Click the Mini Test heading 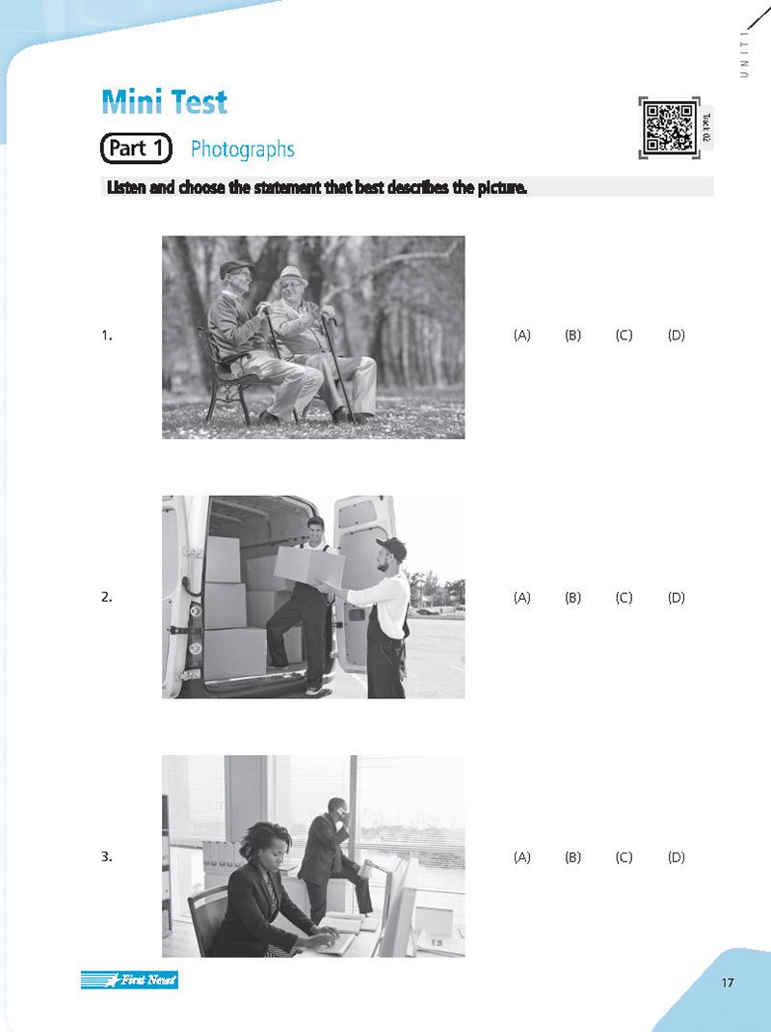coord(164,102)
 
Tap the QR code coord(668,127)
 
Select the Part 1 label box coord(136,149)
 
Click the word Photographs coord(242,149)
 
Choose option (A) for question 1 coord(522,336)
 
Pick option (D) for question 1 coord(676,336)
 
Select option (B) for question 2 coord(573,597)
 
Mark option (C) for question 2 coord(624,597)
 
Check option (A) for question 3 coord(522,856)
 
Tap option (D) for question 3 coord(676,856)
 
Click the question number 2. coord(106,597)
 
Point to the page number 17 coord(727,983)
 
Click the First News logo coord(129,981)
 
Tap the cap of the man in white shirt coord(392,548)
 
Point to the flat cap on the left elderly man coord(235,267)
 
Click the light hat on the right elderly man coord(291,275)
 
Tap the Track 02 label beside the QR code coord(706,127)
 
